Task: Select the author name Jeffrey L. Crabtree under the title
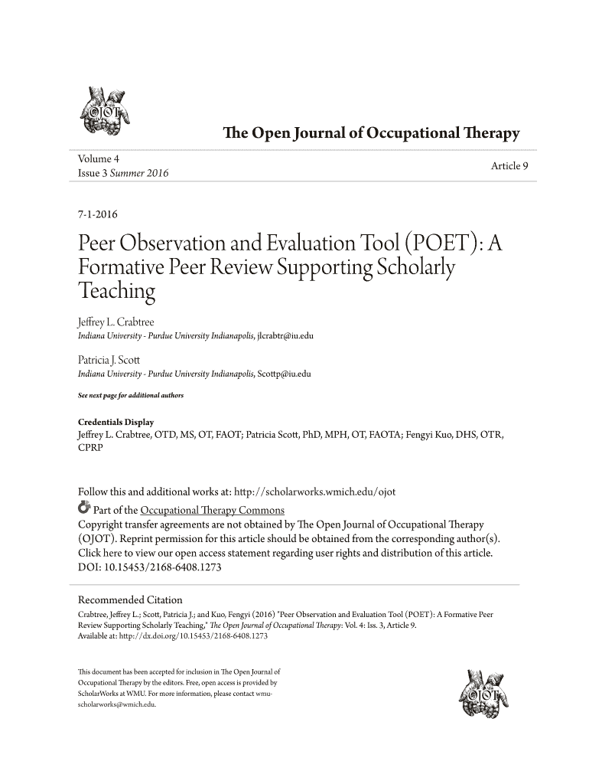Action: coord(116,322)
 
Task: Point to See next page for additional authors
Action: coord(131,395)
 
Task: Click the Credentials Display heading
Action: coord(116,422)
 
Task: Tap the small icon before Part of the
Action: coord(84,508)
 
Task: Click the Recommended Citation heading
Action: coord(131,599)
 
